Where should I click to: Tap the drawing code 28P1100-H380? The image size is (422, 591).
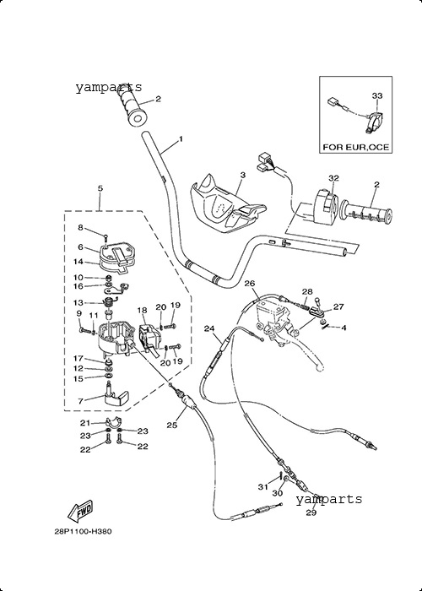pyautogui.click(x=84, y=532)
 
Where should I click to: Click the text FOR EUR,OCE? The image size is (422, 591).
pyautogui.click(x=355, y=147)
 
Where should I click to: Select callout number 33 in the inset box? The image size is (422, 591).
pyautogui.click(x=377, y=95)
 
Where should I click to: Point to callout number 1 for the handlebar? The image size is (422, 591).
pyautogui.click(x=181, y=139)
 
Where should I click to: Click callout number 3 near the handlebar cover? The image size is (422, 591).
pyautogui.click(x=243, y=175)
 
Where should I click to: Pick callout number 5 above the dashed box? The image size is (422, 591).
pyautogui.click(x=100, y=188)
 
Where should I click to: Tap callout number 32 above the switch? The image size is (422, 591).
pyautogui.click(x=334, y=178)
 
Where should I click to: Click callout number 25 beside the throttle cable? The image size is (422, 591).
pyautogui.click(x=172, y=426)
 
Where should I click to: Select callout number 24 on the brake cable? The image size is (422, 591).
pyautogui.click(x=209, y=328)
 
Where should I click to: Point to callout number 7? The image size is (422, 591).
pyautogui.click(x=81, y=402)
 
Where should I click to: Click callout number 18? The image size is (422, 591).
pyautogui.click(x=142, y=310)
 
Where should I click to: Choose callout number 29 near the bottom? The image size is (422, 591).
pyautogui.click(x=311, y=512)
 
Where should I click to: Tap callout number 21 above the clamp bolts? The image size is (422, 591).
pyautogui.click(x=85, y=423)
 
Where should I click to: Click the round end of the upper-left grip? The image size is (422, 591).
pyautogui.click(x=138, y=119)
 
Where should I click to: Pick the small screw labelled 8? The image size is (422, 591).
pyautogui.click(x=105, y=237)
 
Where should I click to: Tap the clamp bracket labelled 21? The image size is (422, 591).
pyautogui.click(x=112, y=421)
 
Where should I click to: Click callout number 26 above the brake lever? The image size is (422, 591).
pyautogui.click(x=250, y=284)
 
